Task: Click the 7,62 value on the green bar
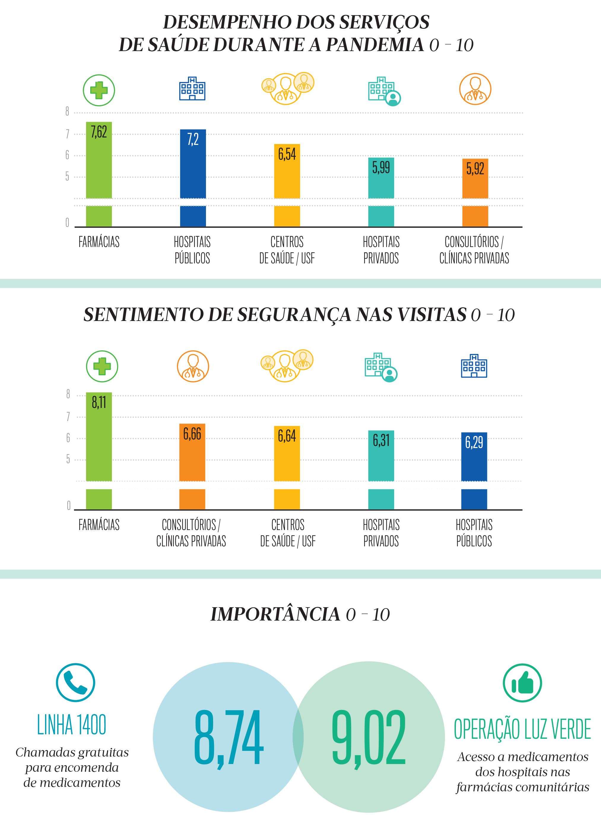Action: click(x=99, y=132)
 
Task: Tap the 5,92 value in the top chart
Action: click(x=475, y=169)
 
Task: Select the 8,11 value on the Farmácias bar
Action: click(x=99, y=402)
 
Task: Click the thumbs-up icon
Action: click(x=522, y=683)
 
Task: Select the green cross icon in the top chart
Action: click(x=99, y=90)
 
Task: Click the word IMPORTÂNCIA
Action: click(x=275, y=614)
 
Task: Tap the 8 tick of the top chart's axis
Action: click(x=67, y=112)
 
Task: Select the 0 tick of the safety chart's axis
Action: click(x=69, y=506)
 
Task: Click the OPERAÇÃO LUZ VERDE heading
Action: click(x=522, y=729)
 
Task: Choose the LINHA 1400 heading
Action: click(x=72, y=725)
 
